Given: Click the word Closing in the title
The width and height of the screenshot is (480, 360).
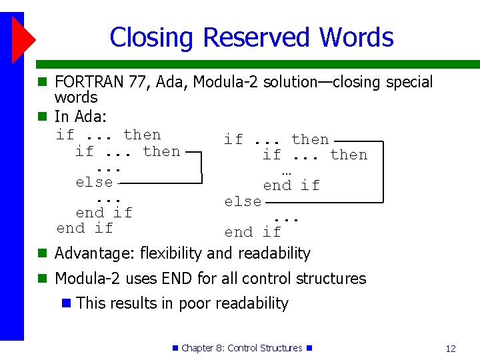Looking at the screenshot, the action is coord(153,37).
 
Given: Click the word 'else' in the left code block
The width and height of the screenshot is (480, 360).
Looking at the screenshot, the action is coord(94,181).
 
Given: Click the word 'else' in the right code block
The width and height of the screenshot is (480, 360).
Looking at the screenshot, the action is coord(243,201).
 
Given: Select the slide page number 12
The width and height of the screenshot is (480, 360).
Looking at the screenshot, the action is coord(451,349).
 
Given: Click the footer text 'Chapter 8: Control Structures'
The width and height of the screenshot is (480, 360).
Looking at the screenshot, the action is coord(241,348).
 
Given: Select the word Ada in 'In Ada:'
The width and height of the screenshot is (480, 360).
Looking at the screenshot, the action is coord(89,117).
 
